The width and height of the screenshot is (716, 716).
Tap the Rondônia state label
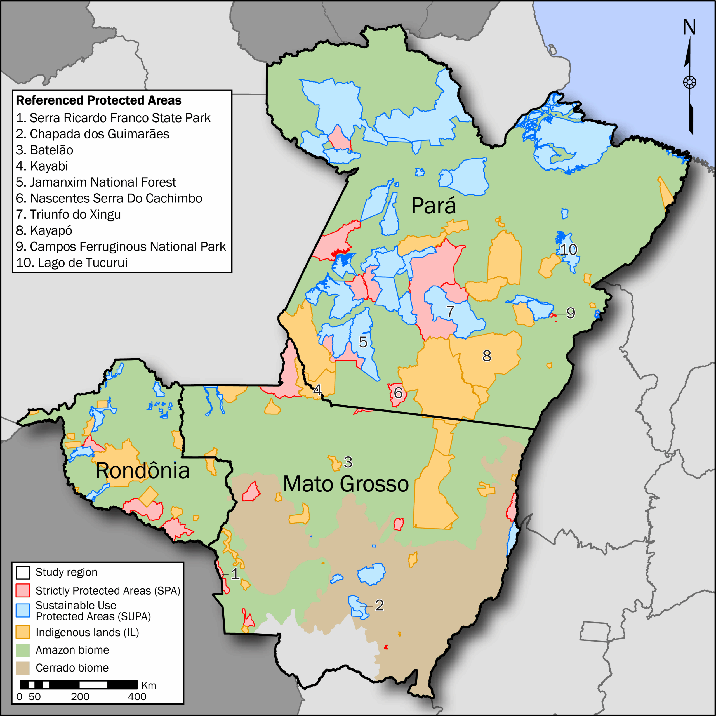click(x=143, y=471)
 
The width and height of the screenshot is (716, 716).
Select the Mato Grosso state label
click(x=346, y=484)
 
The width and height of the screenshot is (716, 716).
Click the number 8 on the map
click(x=487, y=356)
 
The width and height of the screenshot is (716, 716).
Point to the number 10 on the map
click(x=568, y=249)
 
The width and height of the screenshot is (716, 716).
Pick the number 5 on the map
click(x=363, y=342)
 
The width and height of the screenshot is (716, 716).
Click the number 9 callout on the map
click(x=570, y=313)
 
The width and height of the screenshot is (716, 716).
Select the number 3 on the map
click(x=348, y=462)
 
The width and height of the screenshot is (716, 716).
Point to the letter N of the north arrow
click(x=689, y=27)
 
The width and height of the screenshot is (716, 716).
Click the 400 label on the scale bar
click(x=137, y=697)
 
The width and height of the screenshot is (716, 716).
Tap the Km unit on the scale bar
click(x=148, y=685)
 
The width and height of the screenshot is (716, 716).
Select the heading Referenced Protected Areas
click(x=98, y=100)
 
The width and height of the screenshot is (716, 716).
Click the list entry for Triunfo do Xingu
click(x=68, y=215)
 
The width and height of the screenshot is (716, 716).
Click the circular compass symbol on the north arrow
click(x=689, y=82)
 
